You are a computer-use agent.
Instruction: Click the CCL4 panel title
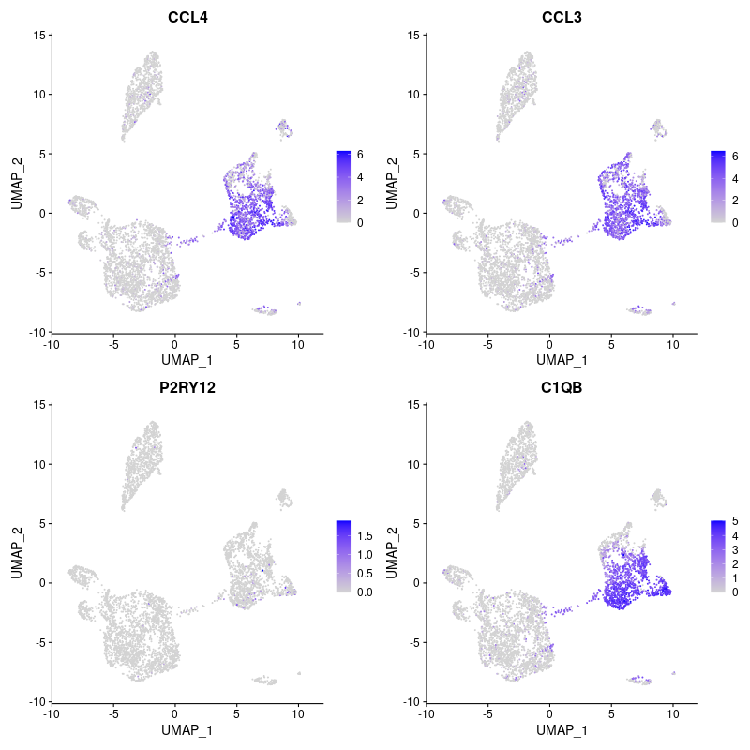click(x=187, y=16)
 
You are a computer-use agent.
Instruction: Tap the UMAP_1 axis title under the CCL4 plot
click(x=187, y=360)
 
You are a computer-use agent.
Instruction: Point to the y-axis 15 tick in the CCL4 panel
click(x=39, y=36)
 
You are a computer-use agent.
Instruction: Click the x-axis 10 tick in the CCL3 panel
click(x=673, y=344)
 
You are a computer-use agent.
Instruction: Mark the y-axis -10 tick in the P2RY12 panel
click(x=36, y=701)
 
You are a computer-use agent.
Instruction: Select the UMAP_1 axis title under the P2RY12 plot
click(x=187, y=729)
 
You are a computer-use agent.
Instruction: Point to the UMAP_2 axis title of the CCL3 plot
click(x=393, y=184)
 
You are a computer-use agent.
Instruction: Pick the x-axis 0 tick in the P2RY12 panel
click(x=174, y=713)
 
